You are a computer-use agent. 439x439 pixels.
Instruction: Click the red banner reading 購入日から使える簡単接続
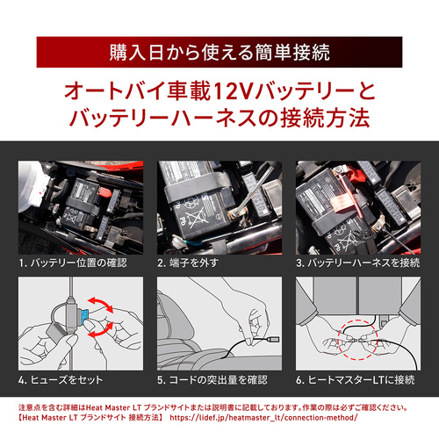(219, 52)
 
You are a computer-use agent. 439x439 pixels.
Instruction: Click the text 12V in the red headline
(233, 91)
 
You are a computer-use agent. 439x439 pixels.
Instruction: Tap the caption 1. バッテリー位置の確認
(73, 263)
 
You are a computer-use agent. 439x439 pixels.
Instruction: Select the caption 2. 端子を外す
(188, 263)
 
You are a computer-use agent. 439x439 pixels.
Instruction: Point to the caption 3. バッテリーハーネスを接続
(358, 263)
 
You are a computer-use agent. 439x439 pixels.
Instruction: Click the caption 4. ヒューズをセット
(61, 380)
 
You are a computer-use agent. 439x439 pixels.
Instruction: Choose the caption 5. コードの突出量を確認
(212, 380)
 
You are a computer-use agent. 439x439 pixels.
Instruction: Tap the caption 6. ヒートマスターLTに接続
(356, 380)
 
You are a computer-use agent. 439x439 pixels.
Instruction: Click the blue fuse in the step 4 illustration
(84, 316)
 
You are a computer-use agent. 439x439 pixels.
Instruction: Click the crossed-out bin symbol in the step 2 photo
(194, 218)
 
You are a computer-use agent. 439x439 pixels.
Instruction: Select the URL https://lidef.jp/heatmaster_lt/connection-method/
(263, 417)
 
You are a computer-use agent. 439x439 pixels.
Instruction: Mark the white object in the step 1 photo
(32, 187)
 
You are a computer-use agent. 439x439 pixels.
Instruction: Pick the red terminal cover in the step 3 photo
(357, 175)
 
